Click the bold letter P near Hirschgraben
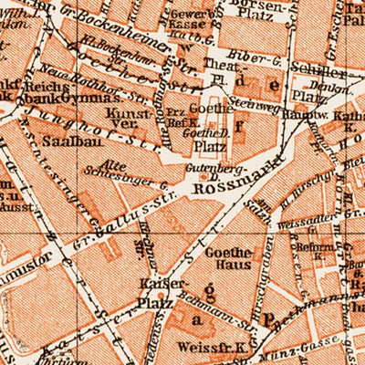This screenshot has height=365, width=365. pyautogui.click(x=269, y=320)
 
